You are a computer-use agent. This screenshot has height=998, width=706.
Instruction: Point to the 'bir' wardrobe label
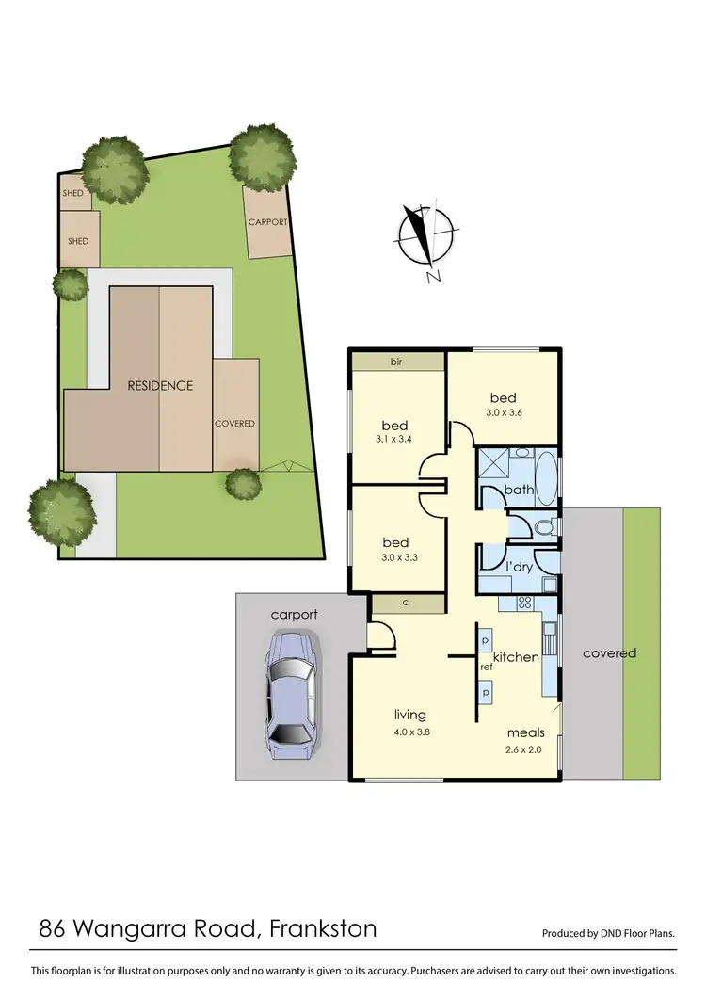click(396, 362)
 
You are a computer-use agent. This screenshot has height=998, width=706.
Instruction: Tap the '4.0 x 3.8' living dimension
click(410, 731)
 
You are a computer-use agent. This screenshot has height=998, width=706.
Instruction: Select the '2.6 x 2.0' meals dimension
click(525, 749)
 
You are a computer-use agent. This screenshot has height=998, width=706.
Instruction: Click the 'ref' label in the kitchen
click(487, 667)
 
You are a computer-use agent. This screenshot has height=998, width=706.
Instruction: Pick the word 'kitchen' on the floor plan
click(516, 656)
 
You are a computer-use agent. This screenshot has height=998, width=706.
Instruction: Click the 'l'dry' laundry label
click(519, 567)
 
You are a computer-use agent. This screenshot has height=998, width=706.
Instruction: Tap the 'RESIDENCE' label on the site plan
click(161, 385)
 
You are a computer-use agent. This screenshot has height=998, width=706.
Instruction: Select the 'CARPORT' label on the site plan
click(267, 222)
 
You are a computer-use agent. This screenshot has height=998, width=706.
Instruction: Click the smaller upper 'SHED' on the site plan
click(72, 193)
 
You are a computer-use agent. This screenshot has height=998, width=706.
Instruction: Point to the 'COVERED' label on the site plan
click(234, 424)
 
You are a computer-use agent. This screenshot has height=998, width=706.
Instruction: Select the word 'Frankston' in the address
click(323, 929)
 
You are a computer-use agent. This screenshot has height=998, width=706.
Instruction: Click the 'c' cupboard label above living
click(403, 603)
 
